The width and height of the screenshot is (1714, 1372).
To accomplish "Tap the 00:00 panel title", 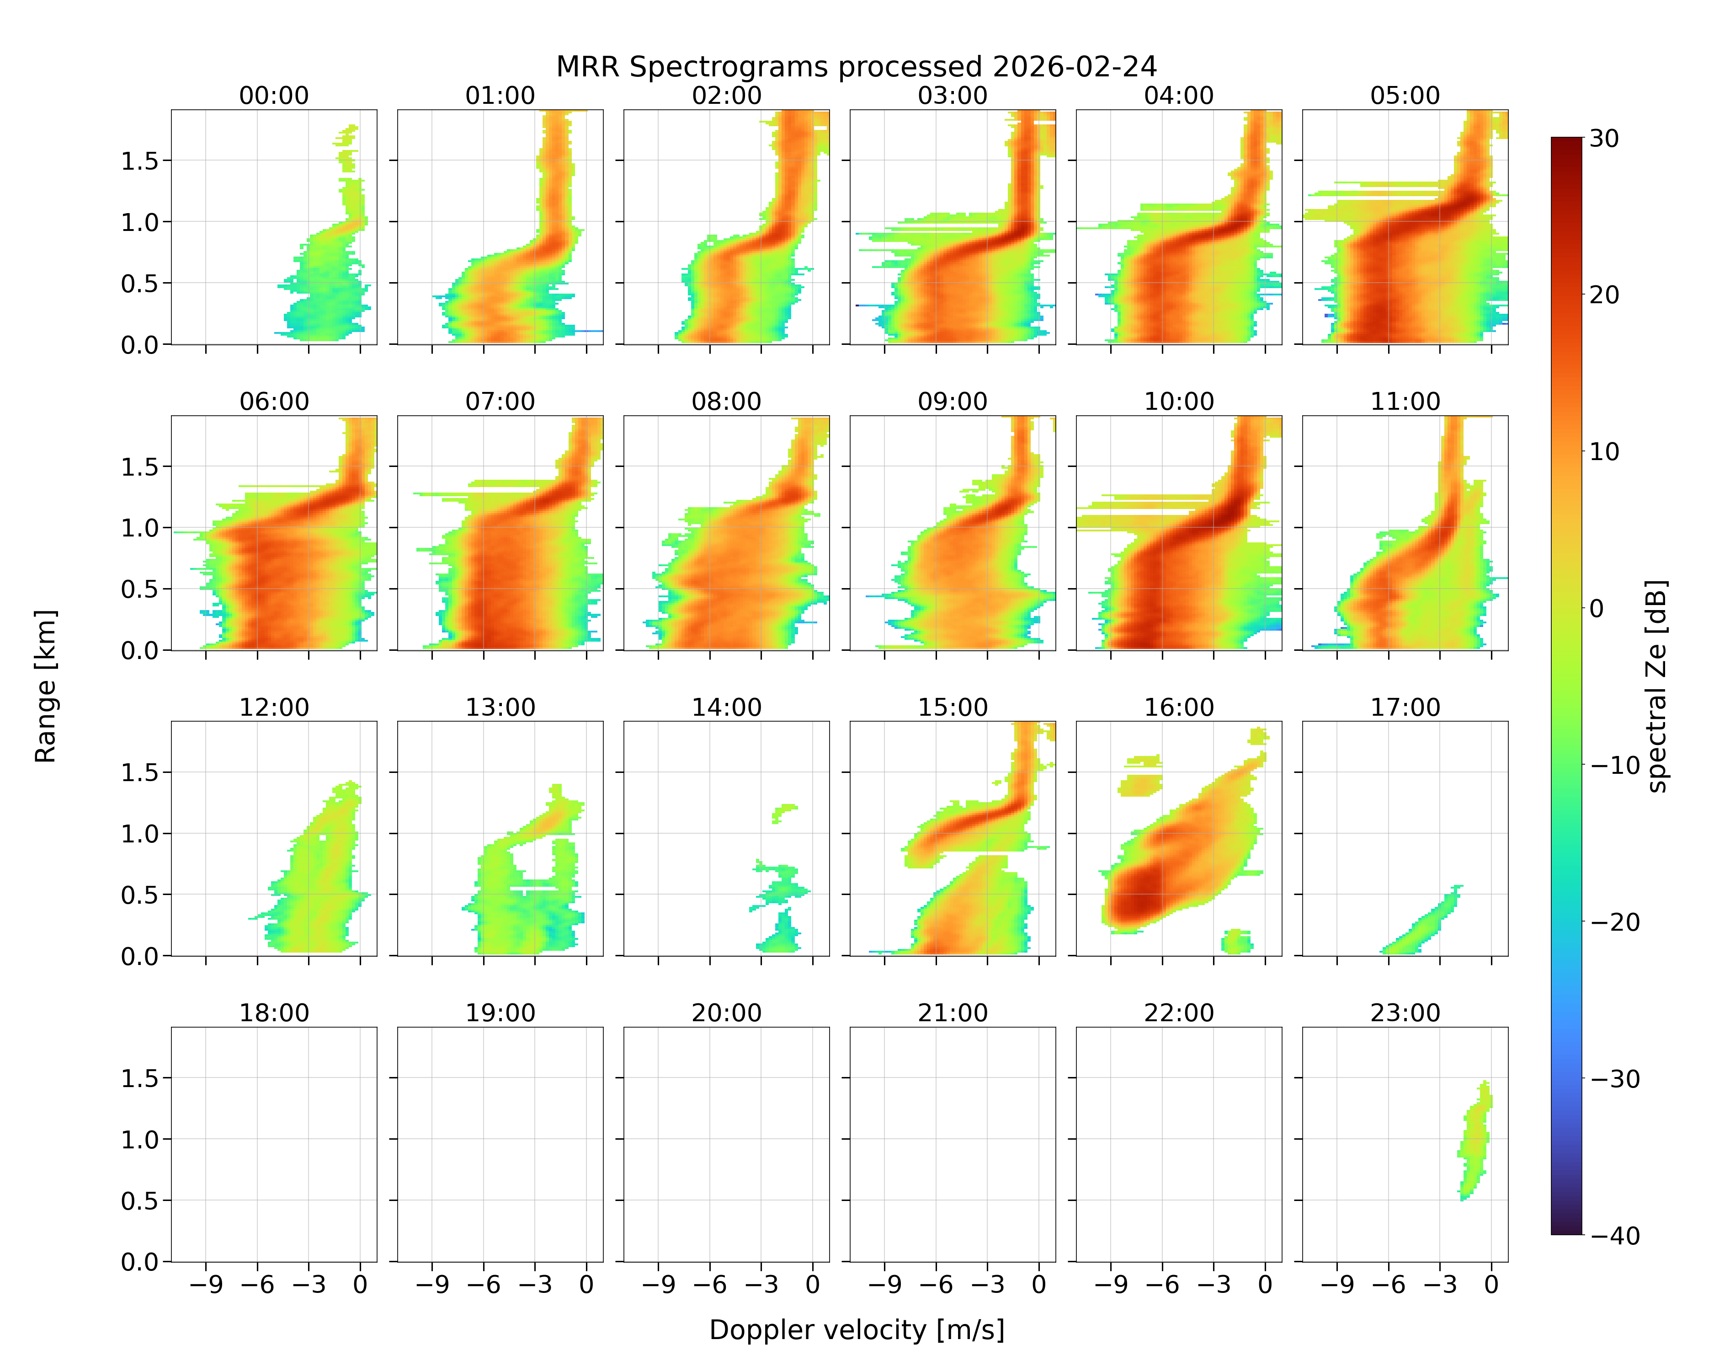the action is (x=274, y=96).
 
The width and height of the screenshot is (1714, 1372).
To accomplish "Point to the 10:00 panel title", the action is (x=1179, y=402).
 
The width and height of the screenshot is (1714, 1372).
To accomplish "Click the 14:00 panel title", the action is (x=727, y=707).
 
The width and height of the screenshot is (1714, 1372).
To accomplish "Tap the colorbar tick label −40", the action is (x=1615, y=1235).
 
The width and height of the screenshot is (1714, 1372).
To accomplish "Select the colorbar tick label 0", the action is (x=1597, y=608).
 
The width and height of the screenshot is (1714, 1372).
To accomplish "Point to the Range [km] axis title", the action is (x=45, y=686).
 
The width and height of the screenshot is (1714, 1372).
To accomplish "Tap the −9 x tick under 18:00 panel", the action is (x=206, y=1285).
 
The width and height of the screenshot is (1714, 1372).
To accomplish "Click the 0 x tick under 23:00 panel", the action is (x=1491, y=1285).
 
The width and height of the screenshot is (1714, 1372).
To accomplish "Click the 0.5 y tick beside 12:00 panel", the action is (x=140, y=895).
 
